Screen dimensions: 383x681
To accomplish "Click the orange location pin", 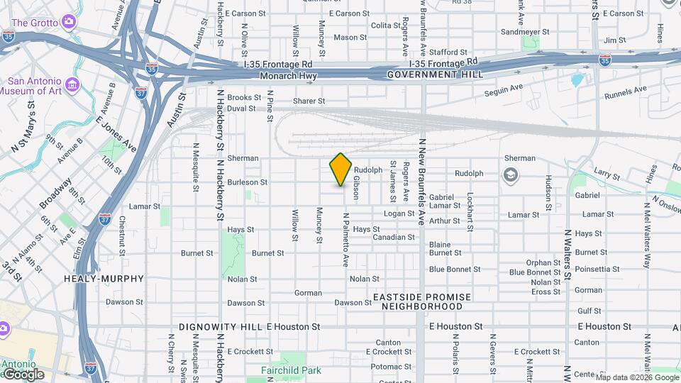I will (x=341, y=169).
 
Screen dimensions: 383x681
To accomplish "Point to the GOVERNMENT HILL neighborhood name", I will (x=435, y=74).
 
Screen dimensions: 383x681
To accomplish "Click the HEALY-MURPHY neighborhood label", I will (x=104, y=279).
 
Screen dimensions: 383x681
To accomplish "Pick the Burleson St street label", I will (x=248, y=182).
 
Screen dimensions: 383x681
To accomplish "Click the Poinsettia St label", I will (x=598, y=270).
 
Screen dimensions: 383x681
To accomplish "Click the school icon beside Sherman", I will (x=509, y=174).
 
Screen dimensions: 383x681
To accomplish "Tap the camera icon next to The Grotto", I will (x=68, y=22).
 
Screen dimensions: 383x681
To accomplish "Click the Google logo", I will (x=23, y=374).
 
